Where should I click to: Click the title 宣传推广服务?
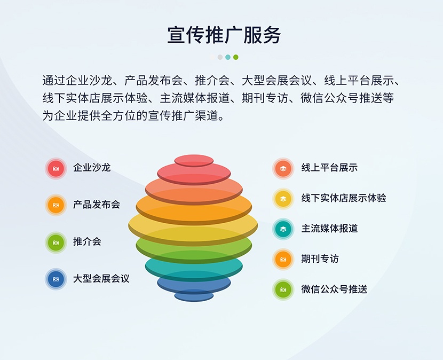click(x=224, y=35)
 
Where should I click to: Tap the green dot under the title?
click(x=235, y=57)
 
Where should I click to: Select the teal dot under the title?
click(x=228, y=57)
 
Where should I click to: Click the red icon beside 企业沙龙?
click(x=56, y=169)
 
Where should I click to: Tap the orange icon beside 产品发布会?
click(x=56, y=205)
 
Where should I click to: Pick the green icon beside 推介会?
click(x=56, y=242)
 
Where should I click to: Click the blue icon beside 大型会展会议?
click(x=56, y=279)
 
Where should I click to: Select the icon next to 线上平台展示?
click(x=283, y=169)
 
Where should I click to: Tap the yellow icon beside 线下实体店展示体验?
click(x=283, y=199)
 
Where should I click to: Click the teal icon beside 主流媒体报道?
click(x=283, y=229)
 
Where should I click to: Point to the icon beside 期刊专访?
click(x=283, y=260)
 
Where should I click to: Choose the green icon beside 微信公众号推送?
click(x=283, y=289)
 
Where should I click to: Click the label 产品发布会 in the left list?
click(x=97, y=205)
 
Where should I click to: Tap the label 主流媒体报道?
click(x=329, y=228)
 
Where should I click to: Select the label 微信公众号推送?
click(x=334, y=289)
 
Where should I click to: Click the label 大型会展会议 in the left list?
click(x=101, y=279)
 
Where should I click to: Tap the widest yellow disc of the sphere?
click(x=193, y=225)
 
